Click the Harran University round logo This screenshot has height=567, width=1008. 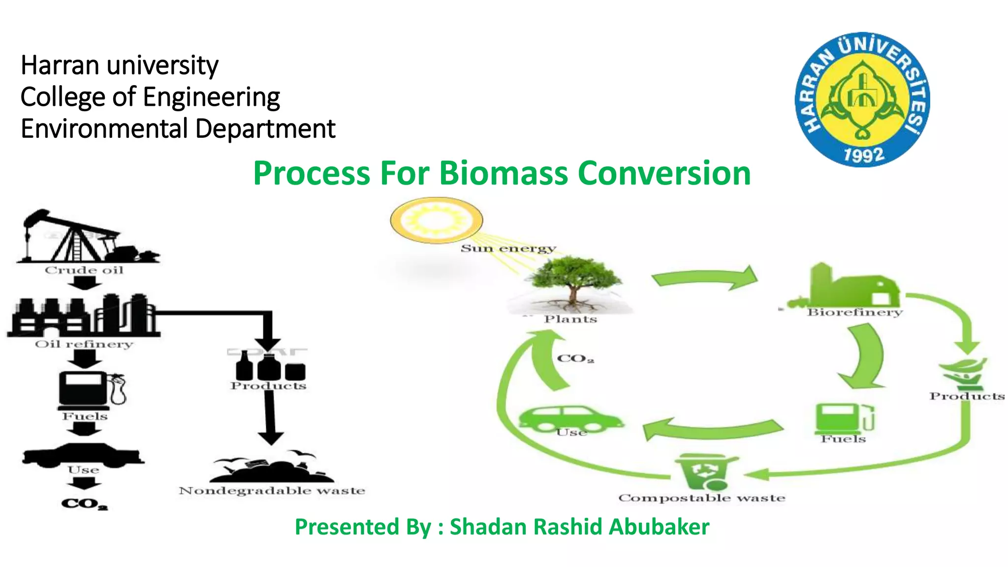click(x=862, y=100)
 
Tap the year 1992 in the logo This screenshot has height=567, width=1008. click(x=864, y=155)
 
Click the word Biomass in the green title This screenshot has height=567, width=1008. click(x=503, y=173)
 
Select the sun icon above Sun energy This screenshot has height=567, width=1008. click(x=436, y=220)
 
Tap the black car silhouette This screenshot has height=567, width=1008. click(x=83, y=455)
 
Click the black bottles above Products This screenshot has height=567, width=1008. click(x=270, y=367)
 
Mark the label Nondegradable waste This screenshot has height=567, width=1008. click(x=272, y=491)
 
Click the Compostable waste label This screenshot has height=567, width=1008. click(x=701, y=498)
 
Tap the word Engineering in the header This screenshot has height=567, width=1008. click(x=212, y=97)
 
